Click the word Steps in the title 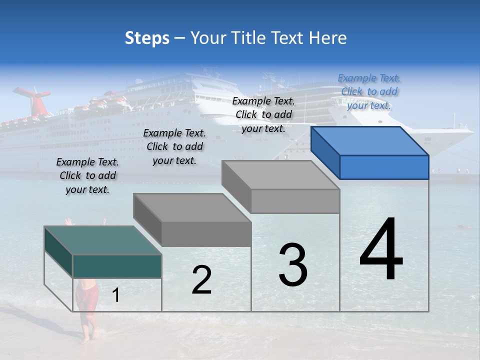(147, 38)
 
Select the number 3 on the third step (292, 265)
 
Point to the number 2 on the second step (201, 280)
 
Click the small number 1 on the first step (116, 295)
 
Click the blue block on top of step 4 (370, 152)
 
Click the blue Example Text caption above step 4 (369, 91)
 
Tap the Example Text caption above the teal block (87, 175)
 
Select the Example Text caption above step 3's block (263, 114)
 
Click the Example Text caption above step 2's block (174, 146)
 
